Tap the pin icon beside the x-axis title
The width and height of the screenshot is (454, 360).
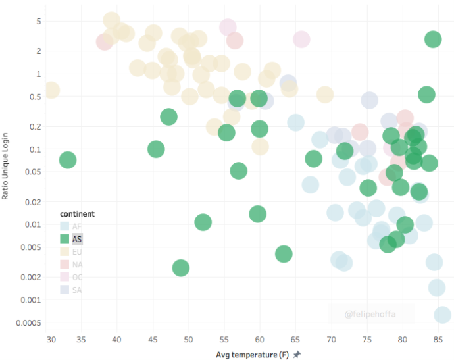click(x=297, y=355)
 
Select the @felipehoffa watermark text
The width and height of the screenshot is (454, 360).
click(x=370, y=315)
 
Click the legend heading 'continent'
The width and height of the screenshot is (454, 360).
click(x=77, y=214)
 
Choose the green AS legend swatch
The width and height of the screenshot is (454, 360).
click(x=64, y=239)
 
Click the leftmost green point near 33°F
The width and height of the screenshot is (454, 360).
click(x=68, y=160)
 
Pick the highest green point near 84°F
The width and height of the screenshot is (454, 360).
click(x=433, y=39)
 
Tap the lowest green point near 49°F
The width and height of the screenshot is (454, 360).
click(x=181, y=268)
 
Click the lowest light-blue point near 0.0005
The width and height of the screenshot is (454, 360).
click(x=443, y=316)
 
